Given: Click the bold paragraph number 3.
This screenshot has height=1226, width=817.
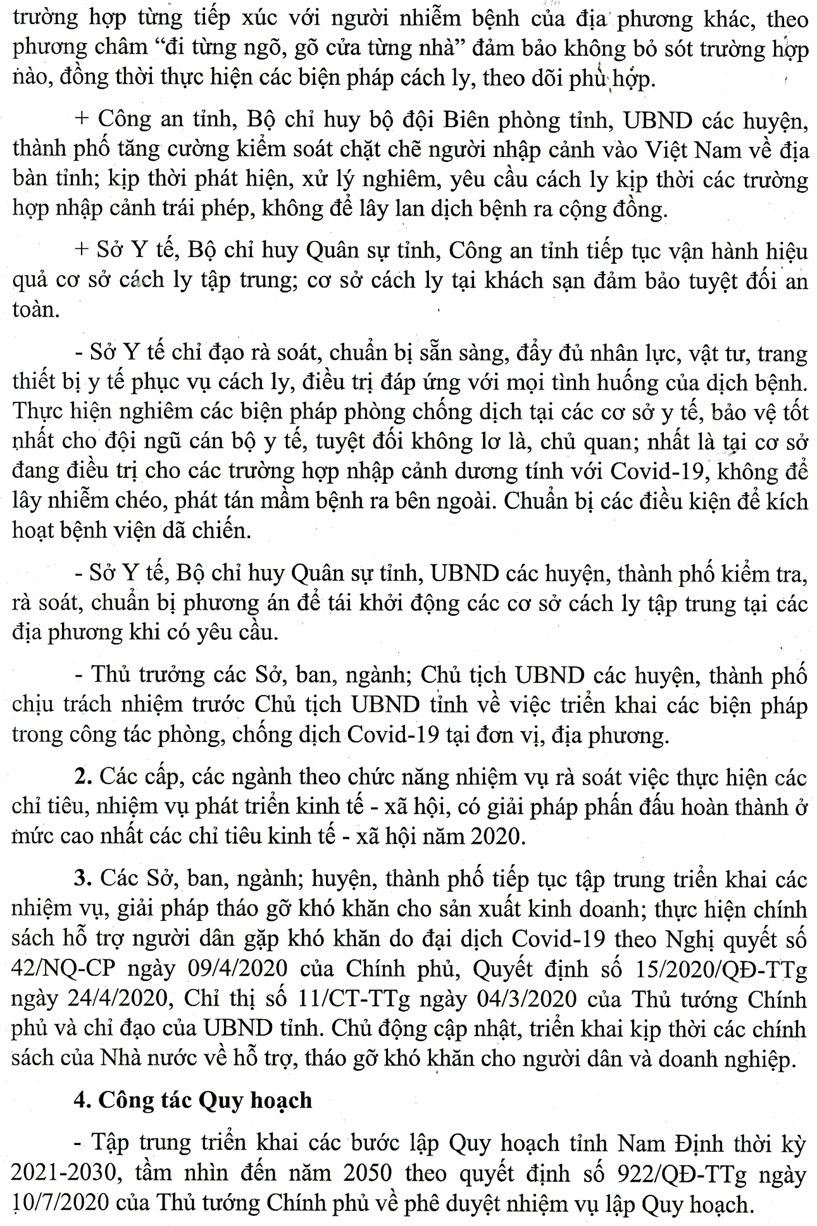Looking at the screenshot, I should [80, 879].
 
